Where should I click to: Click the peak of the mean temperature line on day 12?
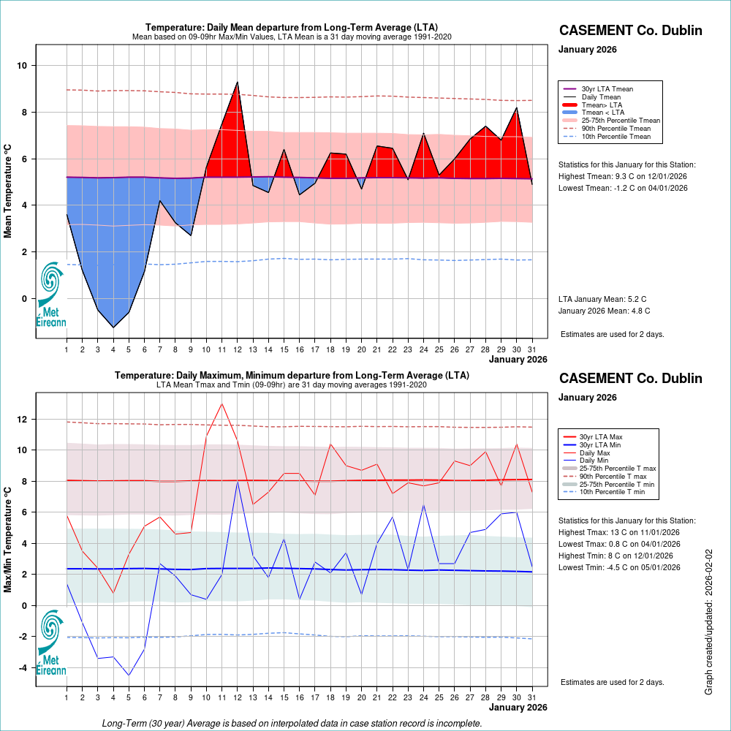pos(238,82)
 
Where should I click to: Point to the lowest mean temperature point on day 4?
pos(113,327)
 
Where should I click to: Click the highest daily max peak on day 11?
pos(222,404)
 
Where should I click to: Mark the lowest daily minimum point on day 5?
pos(129,675)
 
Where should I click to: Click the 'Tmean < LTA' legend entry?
pos(602,113)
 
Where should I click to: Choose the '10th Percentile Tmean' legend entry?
pos(616,136)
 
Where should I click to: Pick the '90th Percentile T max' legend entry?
pos(613,476)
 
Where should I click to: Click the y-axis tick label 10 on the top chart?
pos(22,66)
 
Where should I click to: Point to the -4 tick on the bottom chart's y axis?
pos(22,667)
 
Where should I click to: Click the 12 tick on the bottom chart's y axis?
pos(22,420)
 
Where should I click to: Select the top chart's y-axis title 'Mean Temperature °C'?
pos(9,189)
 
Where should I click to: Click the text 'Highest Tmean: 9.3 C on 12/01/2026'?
pos(623,176)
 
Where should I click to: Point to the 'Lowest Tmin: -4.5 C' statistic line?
pos(619,567)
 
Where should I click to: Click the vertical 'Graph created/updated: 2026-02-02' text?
pos(708,622)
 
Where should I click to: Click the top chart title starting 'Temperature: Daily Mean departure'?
pos(292,27)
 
